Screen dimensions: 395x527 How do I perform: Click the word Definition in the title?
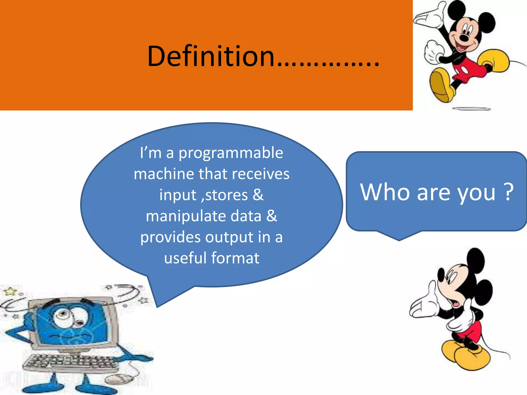tap(211, 56)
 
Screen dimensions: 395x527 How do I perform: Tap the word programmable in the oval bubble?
tap(231, 153)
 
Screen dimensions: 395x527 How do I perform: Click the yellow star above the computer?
tap(10, 291)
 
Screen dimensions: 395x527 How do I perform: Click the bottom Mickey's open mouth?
tap(456, 303)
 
